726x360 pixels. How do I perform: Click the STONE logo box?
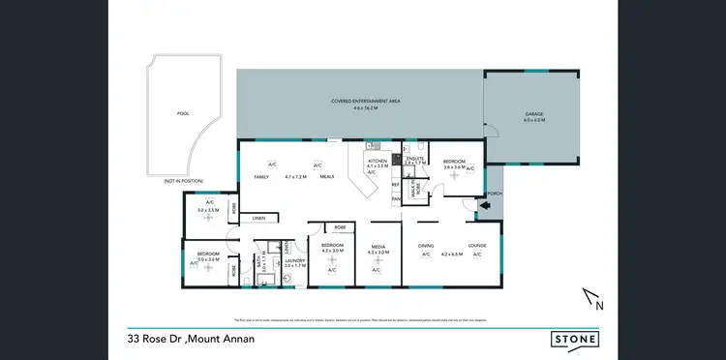[x=574, y=340]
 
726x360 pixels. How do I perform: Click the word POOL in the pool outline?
[x=183, y=114]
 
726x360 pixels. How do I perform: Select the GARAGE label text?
[x=534, y=114]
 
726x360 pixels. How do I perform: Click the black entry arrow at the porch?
[x=470, y=203]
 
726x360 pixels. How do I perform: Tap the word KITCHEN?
[x=378, y=161]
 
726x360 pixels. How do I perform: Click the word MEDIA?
[x=379, y=247]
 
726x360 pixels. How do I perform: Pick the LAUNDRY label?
[x=294, y=260]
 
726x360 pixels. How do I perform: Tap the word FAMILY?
[x=260, y=177]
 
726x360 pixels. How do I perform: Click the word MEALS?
[x=327, y=177]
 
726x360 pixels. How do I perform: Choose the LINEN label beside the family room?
[x=259, y=219]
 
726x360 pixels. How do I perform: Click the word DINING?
[x=426, y=246]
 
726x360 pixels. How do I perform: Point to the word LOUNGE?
[x=476, y=246]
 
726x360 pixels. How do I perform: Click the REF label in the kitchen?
[x=395, y=184]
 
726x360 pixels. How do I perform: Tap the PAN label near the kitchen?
[x=396, y=199]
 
